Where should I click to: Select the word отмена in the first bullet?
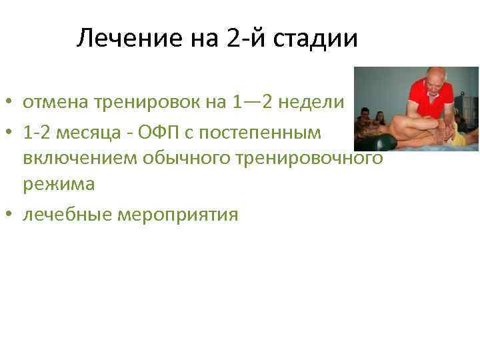53,103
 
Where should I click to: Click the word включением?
74,159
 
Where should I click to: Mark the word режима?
59,185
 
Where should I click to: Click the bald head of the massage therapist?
437,76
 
